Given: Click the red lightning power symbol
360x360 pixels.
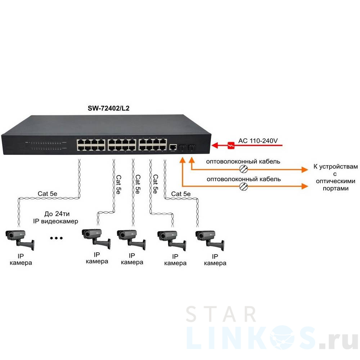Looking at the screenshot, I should (232, 145).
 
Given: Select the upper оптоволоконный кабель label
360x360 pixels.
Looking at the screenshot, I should (243, 162).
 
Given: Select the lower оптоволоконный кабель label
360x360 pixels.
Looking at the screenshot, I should (243, 179).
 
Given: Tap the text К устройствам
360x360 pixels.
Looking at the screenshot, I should (335, 167).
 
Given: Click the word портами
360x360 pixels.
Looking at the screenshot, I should (335, 188).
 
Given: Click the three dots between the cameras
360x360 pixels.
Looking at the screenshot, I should (57, 238).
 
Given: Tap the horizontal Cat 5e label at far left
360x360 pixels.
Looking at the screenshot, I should (48, 194).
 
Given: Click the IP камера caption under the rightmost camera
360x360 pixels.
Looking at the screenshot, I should (215, 260).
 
